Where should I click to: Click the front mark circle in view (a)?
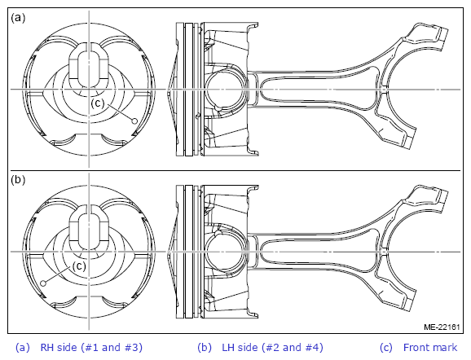134,121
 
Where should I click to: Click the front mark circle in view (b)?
43,283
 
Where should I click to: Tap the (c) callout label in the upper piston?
98,103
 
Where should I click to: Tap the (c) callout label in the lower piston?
79,266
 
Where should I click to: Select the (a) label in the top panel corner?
18,18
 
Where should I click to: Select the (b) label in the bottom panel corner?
18,180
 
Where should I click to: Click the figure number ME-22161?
442,327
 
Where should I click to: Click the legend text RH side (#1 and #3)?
91,348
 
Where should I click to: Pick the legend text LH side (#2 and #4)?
272,348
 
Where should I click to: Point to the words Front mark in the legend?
430,348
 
